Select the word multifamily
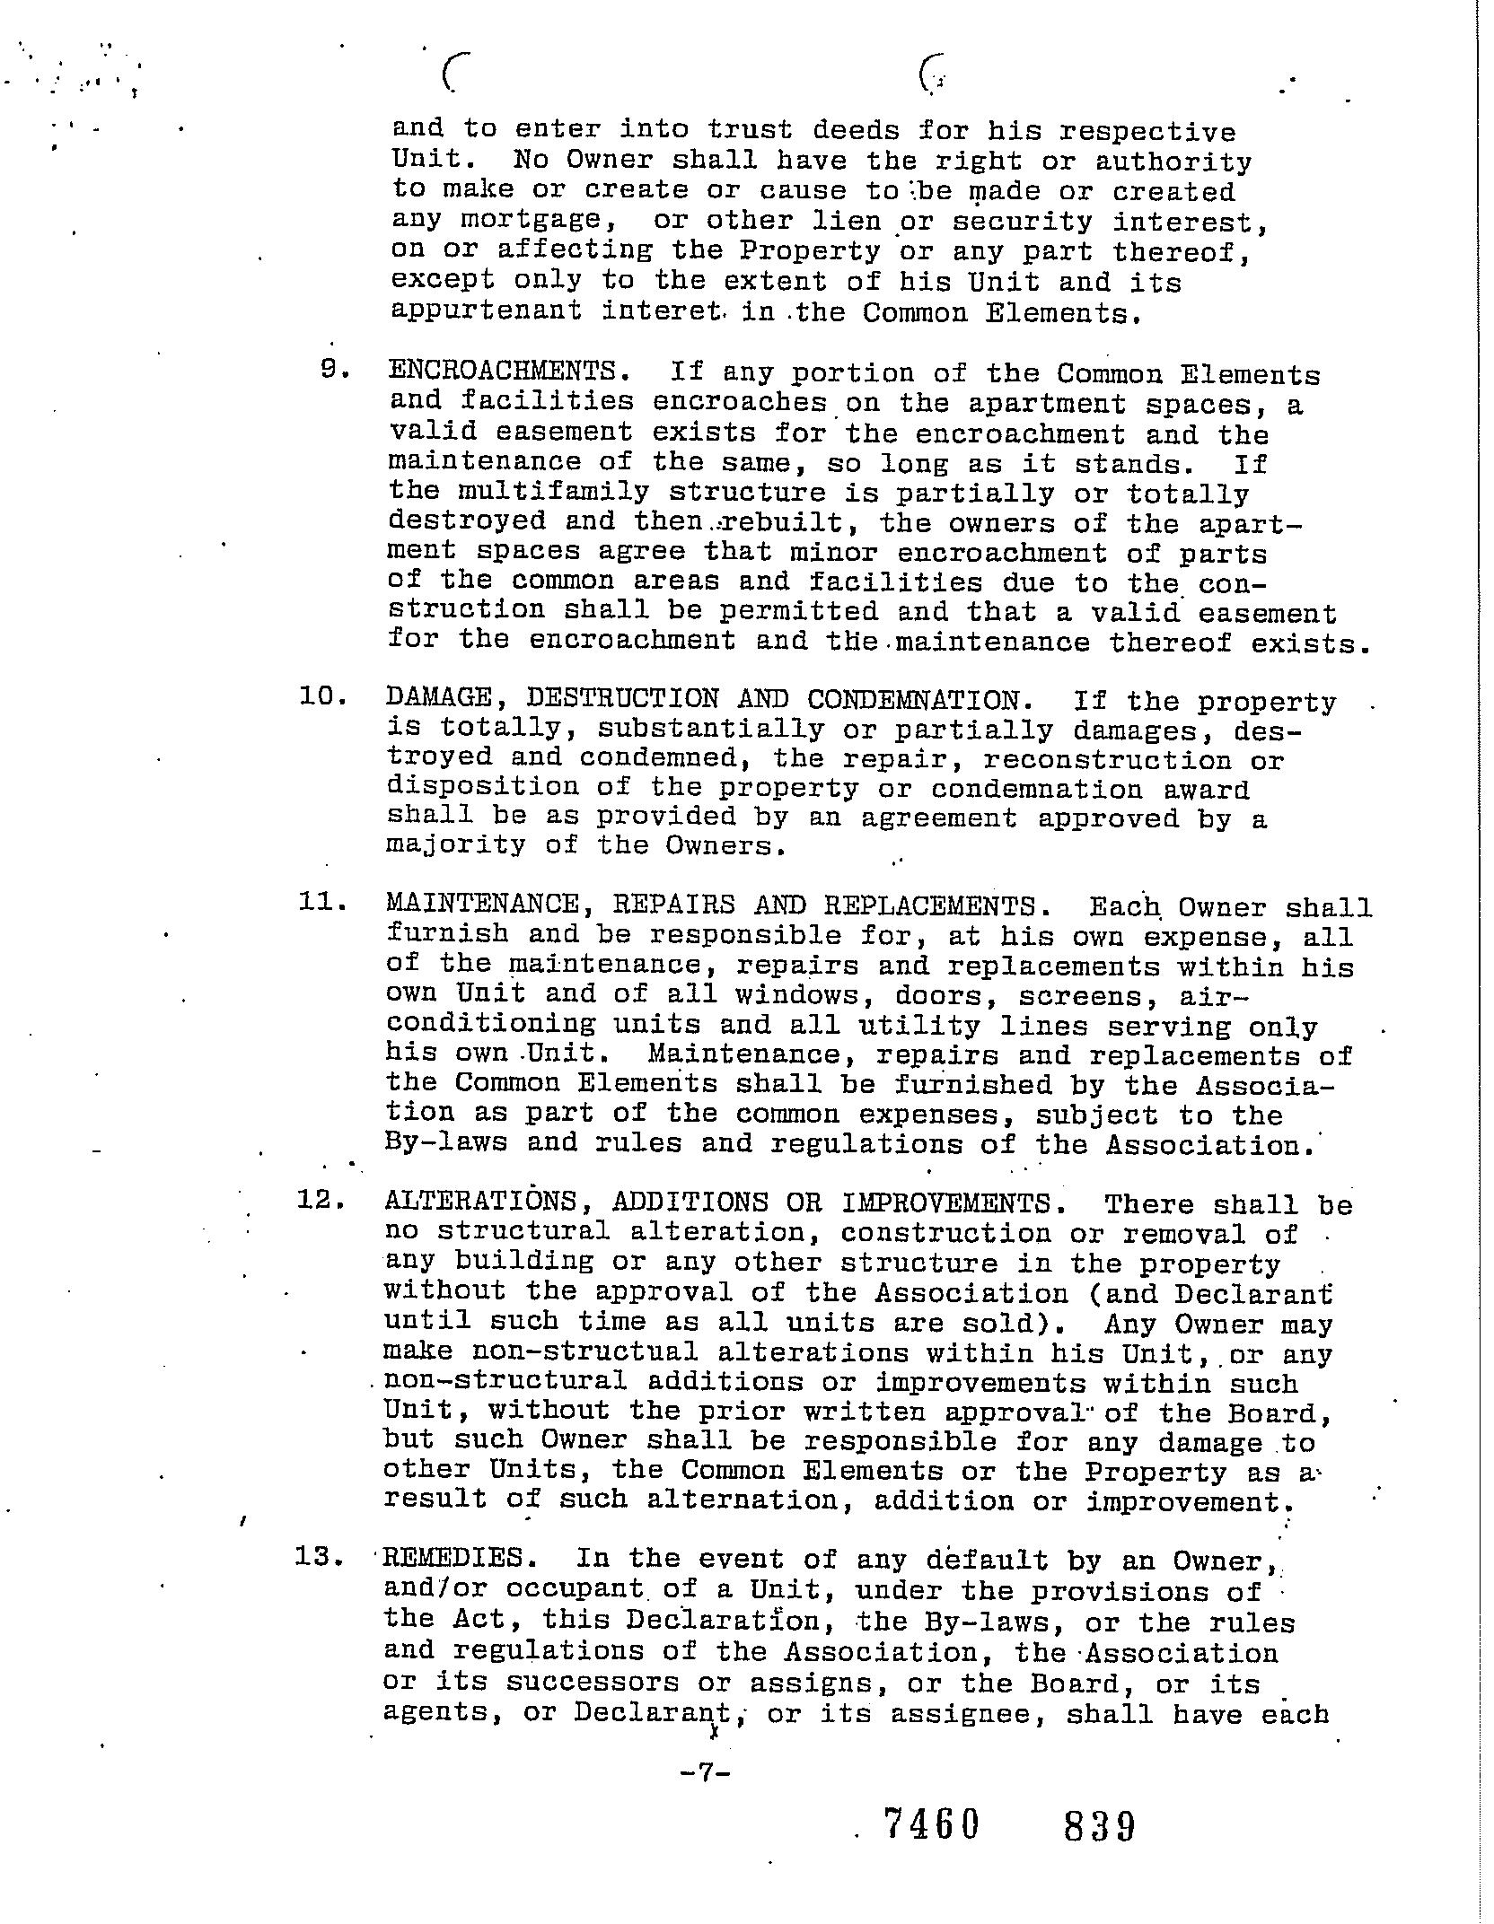pyautogui.click(x=553, y=492)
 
